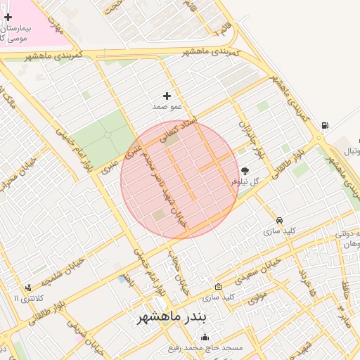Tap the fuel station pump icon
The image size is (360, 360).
(x=324, y=127)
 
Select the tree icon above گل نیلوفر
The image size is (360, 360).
(x=245, y=170)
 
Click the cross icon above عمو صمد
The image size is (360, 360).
(x=167, y=96)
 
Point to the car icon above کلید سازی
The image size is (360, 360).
(x=280, y=219)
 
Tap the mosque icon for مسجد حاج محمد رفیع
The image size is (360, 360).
(x=205, y=337)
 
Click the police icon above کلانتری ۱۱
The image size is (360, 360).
(x=27, y=287)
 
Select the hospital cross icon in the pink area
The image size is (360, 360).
(x=8, y=17)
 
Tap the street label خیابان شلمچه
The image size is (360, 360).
(x=67, y=271)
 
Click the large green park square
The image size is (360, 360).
(x=102, y=138)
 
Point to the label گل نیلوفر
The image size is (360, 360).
(x=245, y=181)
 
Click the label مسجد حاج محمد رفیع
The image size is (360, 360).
(x=205, y=348)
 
